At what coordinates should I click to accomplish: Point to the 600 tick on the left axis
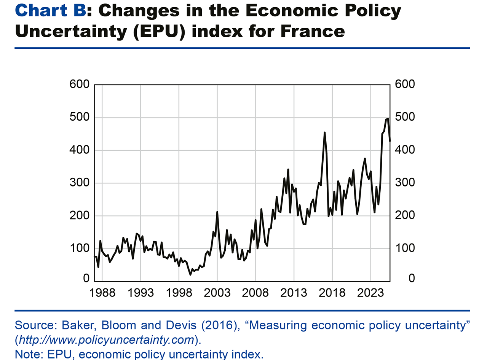[79, 84]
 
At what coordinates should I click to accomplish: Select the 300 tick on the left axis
[79, 183]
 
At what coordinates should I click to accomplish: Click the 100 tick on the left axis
[79, 248]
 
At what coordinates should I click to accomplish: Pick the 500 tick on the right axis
[405, 117]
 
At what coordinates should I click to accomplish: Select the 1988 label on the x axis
[102, 293]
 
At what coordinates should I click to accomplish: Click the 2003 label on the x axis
[217, 293]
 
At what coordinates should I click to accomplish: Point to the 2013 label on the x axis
[294, 293]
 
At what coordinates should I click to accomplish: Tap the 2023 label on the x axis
[370, 293]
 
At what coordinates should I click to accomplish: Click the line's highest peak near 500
[388, 119]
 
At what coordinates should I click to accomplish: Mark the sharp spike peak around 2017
[324, 132]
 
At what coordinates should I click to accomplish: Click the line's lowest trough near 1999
[190, 274]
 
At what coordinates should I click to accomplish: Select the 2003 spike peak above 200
[217, 212]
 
